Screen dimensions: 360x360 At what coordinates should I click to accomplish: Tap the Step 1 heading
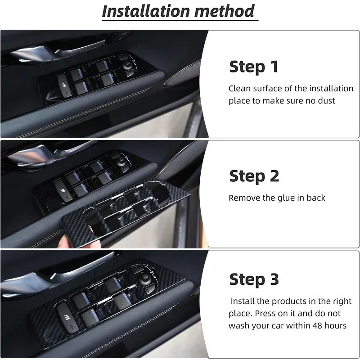[254, 67]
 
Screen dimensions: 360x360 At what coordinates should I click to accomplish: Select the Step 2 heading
[254, 176]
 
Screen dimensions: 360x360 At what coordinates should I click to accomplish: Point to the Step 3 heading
[254, 279]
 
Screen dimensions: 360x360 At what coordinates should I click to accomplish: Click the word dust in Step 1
[326, 100]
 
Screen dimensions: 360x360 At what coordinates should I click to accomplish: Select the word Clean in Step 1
[240, 88]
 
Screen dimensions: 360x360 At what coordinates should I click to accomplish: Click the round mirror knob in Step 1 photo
[127, 64]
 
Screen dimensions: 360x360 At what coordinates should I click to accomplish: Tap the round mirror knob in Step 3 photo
[144, 279]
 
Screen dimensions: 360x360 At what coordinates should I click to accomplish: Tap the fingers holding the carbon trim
[67, 241]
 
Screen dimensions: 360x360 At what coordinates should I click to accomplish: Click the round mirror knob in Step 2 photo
[121, 162]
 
